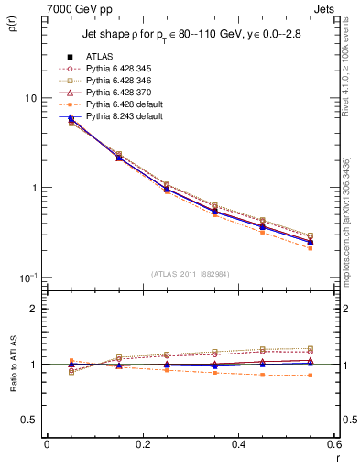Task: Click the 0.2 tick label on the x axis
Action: point(142,443)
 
